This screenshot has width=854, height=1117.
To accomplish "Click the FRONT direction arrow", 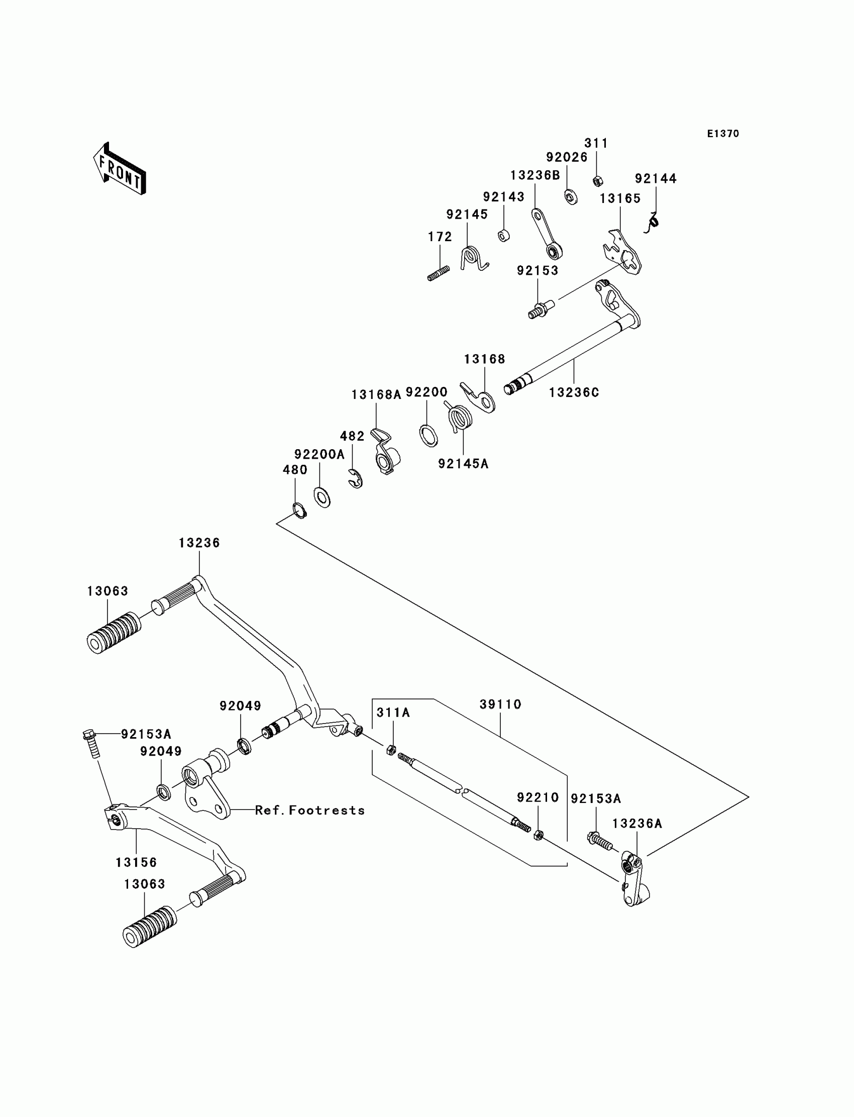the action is (120, 169).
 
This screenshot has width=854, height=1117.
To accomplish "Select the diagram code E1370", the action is (723, 134).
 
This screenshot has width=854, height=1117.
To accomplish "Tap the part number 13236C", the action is (574, 392).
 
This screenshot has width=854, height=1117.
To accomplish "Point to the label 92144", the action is (656, 178).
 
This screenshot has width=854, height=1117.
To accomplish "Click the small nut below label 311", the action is (598, 180).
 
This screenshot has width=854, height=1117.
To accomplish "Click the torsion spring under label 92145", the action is (474, 258).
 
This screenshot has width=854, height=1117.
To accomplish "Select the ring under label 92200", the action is (429, 436).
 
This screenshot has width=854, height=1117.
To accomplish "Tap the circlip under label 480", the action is (300, 510).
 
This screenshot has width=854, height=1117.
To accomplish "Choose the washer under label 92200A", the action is (322, 497).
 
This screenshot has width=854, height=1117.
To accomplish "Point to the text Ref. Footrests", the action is (310, 810).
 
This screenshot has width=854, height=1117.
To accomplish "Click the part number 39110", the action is (501, 704).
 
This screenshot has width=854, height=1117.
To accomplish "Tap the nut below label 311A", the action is (391, 749).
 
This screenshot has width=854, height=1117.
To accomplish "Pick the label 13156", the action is (136, 863).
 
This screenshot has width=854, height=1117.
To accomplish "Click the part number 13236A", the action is (637, 824).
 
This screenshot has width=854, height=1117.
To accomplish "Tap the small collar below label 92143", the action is (504, 235).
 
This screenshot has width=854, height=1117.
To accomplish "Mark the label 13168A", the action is (376, 394).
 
